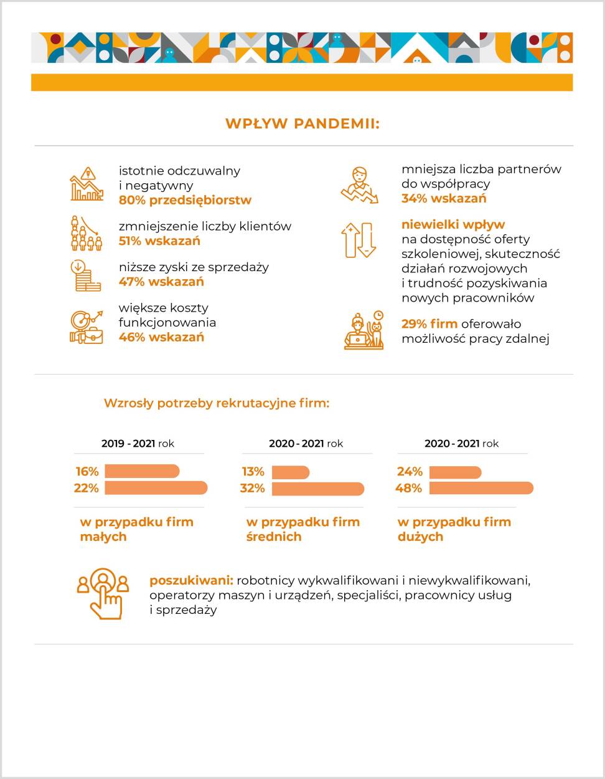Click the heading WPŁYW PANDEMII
coord(302,123)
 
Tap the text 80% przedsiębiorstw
coord(185,200)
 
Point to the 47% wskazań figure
coord(161,282)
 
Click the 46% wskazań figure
coord(161,337)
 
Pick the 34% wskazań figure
coord(444,198)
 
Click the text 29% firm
coord(429,323)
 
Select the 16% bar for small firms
coord(142,471)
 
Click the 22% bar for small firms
coord(156,488)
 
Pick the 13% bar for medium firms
coord(291,472)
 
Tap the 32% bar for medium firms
coord(317,489)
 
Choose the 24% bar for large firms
coord(455,472)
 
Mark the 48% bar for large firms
coord(481,488)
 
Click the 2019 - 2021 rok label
coord(138,444)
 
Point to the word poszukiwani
coord(191,580)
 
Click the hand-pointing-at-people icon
coord(103,593)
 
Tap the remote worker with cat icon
coord(363,330)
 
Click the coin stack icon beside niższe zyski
coord(85,275)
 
